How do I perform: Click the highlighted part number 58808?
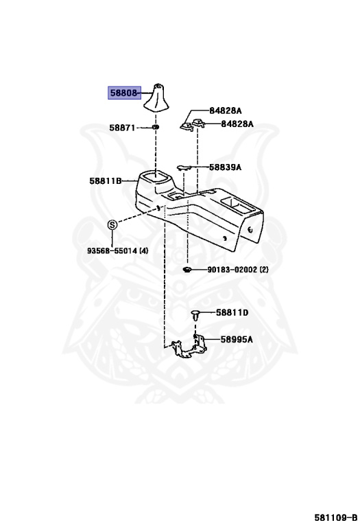point(123,93)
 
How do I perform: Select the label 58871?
point(122,128)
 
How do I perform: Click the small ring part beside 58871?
point(156,128)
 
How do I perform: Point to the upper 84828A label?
point(226,110)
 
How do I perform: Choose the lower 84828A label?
point(237,124)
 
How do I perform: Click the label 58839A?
point(225,167)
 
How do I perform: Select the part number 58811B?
point(106,181)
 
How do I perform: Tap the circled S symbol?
point(112,224)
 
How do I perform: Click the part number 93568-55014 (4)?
point(117,250)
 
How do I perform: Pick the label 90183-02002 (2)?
point(238,269)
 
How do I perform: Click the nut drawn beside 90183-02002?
point(187,269)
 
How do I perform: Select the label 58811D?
point(232,313)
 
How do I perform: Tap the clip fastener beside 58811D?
point(195,316)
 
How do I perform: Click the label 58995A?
point(237,339)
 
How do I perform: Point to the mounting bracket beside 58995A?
point(189,347)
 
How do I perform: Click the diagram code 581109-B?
point(336,517)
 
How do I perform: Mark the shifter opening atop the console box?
point(156,176)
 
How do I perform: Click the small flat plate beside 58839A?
point(184,167)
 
